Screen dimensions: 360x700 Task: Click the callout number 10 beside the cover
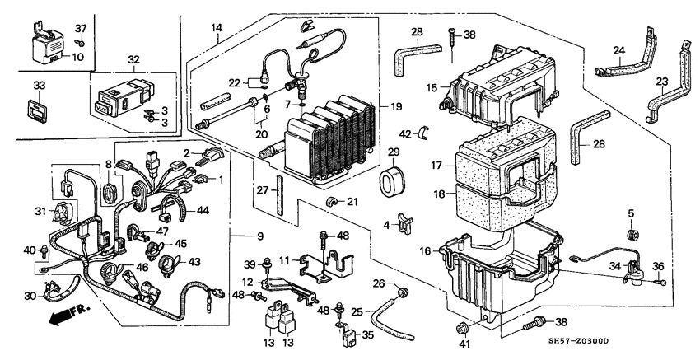(x=78, y=57)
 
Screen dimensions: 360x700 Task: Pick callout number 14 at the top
(x=217, y=27)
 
